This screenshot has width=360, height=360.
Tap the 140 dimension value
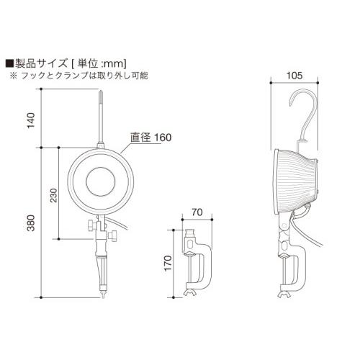30,118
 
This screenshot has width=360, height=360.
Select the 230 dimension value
53,196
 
